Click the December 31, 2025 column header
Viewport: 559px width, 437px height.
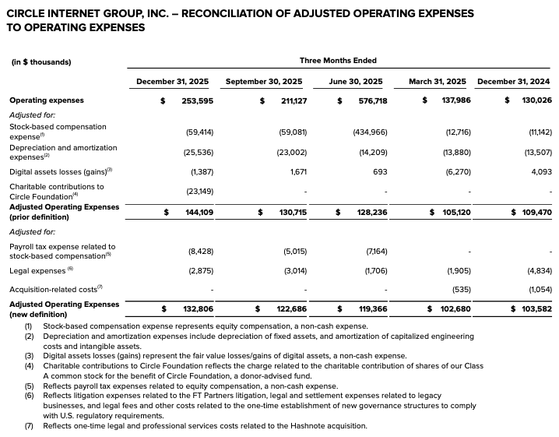click(x=175, y=82)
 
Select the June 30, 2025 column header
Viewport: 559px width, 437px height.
click(x=356, y=82)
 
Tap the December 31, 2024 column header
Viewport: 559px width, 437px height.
click(x=513, y=82)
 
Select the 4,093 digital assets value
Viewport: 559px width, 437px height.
click(x=540, y=171)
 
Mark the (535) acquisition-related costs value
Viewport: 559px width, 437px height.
click(x=460, y=289)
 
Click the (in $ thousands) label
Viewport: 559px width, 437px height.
click(x=40, y=62)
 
